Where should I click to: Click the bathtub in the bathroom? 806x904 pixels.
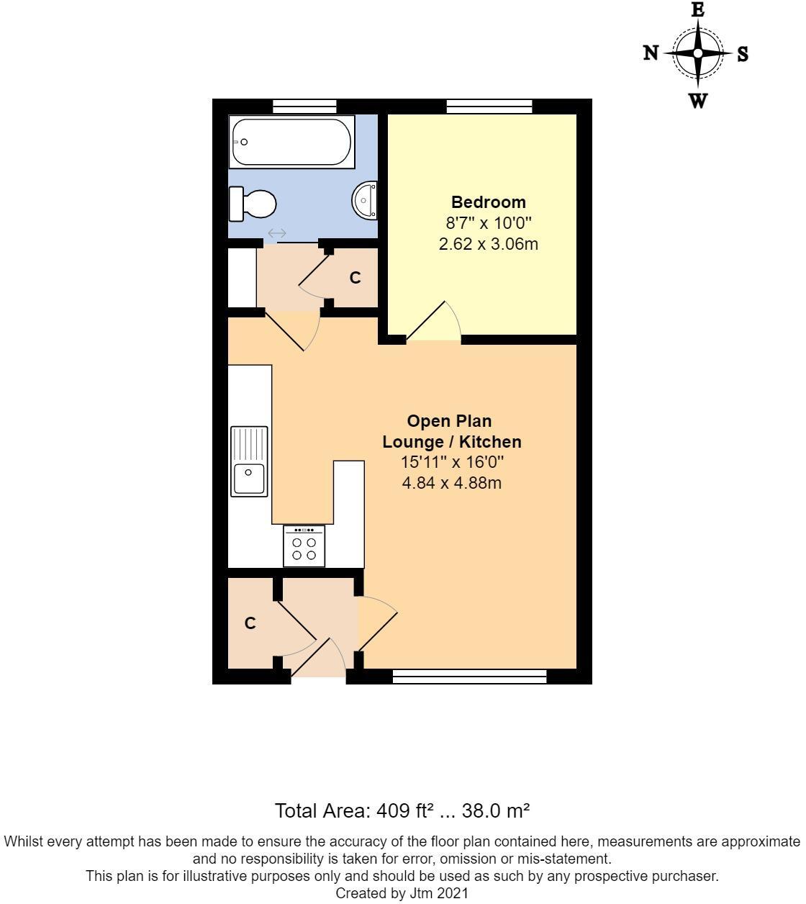coord(291,143)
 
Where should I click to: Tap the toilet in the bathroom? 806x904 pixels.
coord(253,204)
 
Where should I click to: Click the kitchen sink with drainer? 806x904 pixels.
coord(249,461)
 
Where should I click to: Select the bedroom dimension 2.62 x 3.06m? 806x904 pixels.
coord(488,244)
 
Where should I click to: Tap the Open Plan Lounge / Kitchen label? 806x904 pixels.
coord(451,431)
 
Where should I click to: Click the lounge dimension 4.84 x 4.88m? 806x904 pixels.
coord(451,482)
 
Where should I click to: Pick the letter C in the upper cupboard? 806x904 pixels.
coord(355,278)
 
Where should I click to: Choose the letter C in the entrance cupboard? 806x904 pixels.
coord(250,623)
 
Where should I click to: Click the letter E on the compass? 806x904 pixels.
coord(697,10)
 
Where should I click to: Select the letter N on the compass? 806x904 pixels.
coord(651,53)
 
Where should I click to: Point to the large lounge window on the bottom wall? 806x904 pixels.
coord(469,677)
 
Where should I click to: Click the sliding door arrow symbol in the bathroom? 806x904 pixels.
coord(277,233)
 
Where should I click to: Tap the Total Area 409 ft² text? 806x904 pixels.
coord(402,810)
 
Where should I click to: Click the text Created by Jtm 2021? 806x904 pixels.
coord(402,894)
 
